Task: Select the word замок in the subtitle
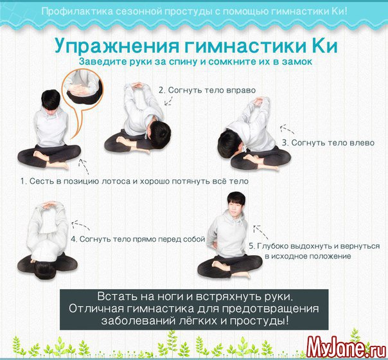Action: (297, 62)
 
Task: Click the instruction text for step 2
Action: (207, 90)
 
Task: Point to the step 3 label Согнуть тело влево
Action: (328, 143)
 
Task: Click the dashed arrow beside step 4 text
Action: (80, 224)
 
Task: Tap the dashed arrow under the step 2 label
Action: (169, 100)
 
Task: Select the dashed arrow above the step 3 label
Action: (287, 129)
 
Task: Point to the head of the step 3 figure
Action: (231, 144)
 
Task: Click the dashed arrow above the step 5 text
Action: (260, 231)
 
